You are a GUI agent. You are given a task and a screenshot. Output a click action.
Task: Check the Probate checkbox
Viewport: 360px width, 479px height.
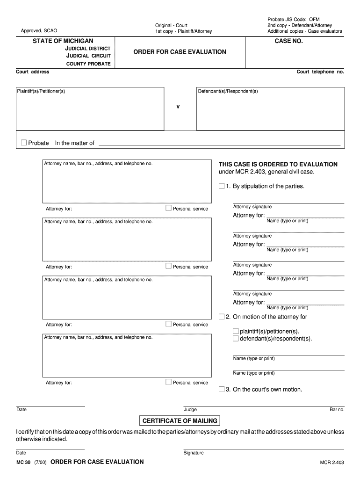point(24,143)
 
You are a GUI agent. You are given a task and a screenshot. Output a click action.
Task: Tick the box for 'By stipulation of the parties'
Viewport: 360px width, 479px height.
point(222,186)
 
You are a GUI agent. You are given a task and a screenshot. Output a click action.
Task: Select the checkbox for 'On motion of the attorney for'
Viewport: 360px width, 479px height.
point(222,317)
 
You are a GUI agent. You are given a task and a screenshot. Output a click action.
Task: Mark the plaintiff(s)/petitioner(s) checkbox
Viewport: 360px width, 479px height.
point(236,331)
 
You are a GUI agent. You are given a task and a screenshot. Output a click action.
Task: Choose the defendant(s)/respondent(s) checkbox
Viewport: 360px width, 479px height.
point(236,338)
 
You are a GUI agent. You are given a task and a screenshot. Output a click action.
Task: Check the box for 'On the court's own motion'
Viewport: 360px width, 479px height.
point(222,389)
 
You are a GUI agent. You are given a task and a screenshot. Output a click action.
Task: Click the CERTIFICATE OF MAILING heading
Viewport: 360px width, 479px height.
point(180,421)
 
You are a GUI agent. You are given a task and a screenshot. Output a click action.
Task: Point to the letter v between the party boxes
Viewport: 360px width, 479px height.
point(178,107)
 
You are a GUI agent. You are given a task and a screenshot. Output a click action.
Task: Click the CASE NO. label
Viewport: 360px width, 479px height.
point(288,41)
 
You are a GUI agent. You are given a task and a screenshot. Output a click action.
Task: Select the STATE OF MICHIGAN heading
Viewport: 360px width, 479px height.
point(63,41)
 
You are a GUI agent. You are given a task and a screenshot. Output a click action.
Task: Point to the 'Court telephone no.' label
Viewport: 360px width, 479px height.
point(320,72)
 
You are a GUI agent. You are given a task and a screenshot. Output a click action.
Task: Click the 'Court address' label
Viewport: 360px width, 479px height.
point(33,72)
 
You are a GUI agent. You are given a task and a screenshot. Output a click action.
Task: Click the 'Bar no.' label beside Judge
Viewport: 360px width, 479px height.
point(337,410)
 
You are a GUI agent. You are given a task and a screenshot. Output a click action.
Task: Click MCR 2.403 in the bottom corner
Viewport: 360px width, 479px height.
point(332,463)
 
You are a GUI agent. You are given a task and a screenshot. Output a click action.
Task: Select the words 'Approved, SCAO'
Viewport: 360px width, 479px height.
point(39,31)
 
